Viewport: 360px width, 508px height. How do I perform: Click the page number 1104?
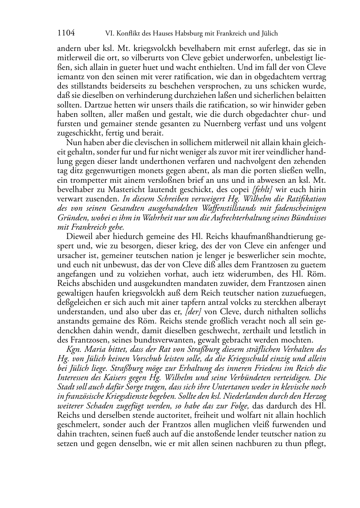click(66, 33)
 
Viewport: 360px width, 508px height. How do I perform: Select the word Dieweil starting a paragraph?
click(79, 237)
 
